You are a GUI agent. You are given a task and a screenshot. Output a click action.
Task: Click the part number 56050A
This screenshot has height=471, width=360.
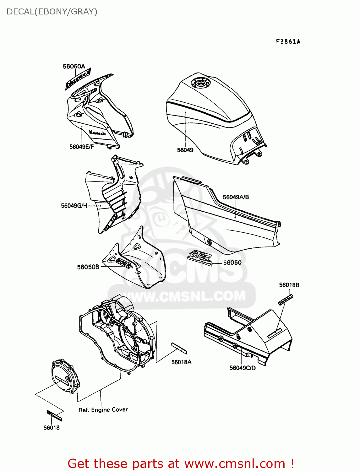point(74,66)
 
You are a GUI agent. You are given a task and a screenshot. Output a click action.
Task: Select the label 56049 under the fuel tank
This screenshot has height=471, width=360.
point(185,150)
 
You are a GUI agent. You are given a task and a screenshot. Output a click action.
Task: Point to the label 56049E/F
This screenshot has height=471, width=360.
point(82,147)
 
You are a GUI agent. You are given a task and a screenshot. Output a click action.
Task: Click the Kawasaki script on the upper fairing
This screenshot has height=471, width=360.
point(97,133)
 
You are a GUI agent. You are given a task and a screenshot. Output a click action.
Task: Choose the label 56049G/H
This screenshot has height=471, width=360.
point(74,206)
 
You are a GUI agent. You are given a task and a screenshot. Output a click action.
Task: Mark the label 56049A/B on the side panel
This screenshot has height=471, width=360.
point(236,197)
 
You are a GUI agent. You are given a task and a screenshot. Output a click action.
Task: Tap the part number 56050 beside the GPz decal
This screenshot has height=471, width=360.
point(232,263)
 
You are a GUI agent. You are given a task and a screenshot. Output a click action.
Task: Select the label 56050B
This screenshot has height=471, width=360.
point(88,267)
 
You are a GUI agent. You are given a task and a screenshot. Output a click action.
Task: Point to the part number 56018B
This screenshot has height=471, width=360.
point(289,285)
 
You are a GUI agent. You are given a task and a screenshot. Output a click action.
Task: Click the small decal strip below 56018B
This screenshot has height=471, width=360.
point(285,300)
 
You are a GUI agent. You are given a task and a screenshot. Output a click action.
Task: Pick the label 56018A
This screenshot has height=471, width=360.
point(181,362)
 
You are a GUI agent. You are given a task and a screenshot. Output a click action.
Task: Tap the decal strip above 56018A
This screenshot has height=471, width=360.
point(179,348)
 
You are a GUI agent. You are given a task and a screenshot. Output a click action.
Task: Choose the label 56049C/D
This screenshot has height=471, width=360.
point(243,368)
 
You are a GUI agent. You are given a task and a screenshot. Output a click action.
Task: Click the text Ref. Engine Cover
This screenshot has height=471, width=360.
point(103,410)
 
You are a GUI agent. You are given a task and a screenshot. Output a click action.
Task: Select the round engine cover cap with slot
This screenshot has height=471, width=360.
point(65,377)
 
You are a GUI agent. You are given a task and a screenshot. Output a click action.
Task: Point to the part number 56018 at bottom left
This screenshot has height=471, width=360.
point(52,428)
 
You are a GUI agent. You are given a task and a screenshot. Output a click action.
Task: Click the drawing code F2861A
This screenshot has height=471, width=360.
point(288,42)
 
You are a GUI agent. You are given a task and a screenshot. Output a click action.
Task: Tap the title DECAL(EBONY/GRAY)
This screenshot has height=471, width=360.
point(52,12)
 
